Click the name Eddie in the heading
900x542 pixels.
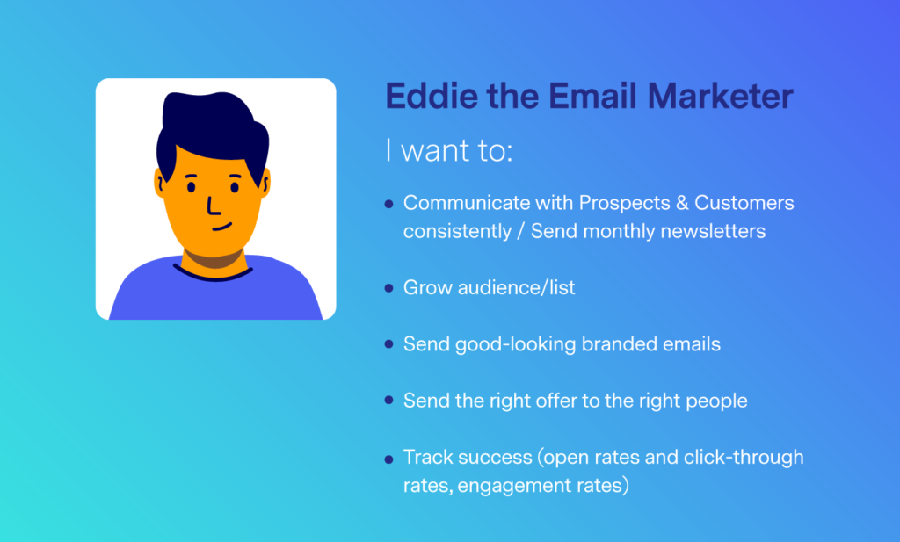431,96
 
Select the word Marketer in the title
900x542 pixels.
721,96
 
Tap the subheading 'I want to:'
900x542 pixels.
449,150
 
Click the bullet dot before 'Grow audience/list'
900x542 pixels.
389,288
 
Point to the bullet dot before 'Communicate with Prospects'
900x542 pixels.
389,204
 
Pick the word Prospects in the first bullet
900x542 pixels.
625,203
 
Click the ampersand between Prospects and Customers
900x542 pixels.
682,202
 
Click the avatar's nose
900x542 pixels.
213,206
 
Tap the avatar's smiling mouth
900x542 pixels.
221,227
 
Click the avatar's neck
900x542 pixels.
214,258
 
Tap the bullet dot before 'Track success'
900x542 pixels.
389,459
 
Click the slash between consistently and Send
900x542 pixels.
520,231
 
